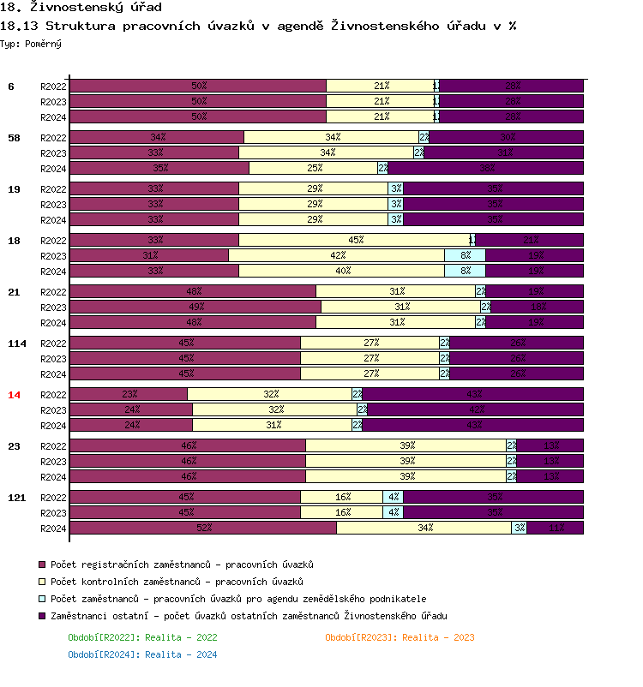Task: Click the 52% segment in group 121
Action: (203, 528)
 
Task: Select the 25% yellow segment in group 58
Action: (314, 168)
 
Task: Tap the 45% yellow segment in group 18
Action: (354, 240)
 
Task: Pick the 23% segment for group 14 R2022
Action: (129, 394)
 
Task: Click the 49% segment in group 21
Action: (195, 307)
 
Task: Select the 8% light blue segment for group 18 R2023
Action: (465, 255)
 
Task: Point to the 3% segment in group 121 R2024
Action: (520, 528)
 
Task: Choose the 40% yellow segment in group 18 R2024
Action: (341, 271)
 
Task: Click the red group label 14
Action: (14, 395)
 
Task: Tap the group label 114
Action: (16, 343)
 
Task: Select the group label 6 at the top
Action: (11, 87)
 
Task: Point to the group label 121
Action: (16, 498)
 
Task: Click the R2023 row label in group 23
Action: (53, 462)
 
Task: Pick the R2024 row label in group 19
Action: (53, 220)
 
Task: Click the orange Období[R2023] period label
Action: (400, 637)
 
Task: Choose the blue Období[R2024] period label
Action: (142, 654)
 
